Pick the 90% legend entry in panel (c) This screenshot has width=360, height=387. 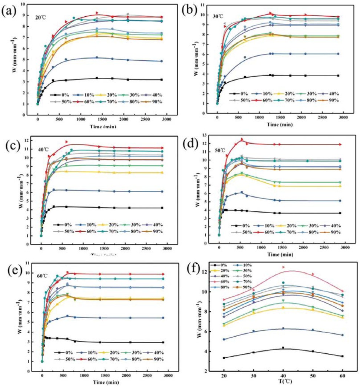click(159, 232)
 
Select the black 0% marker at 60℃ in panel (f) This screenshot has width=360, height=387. click(342, 356)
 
